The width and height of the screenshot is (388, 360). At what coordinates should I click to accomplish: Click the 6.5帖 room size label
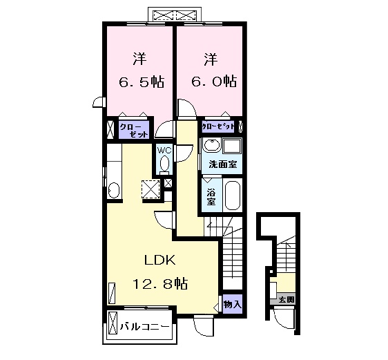pos(142,82)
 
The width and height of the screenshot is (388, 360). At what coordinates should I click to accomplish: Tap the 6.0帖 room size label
pos(213,81)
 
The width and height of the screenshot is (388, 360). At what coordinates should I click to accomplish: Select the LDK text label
pos(160,260)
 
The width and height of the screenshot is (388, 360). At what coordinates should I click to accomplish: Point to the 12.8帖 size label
pos(160,284)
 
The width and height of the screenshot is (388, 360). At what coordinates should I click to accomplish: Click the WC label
pos(164,151)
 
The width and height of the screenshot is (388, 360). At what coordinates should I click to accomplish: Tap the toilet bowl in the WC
pos(164,164)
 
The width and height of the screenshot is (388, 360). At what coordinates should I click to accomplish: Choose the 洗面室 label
pos(223,164)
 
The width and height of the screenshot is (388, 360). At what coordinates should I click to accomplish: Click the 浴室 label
pos(211,197)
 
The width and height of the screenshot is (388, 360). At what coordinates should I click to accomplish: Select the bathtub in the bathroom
pos(233,195)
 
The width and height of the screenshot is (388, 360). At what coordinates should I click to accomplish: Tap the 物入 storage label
pos(232,305)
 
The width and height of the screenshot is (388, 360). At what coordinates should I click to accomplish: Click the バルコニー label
pos(145,327)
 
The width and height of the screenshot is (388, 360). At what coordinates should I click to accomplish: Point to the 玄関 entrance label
pos(287,300)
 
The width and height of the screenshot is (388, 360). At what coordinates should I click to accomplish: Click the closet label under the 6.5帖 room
pos(134,131)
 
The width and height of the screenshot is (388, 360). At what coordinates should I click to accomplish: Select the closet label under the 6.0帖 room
pos(217,126)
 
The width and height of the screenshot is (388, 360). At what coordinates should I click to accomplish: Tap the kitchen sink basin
pos(114,190)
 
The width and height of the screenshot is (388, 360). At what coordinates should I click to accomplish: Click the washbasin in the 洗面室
pos(211,145)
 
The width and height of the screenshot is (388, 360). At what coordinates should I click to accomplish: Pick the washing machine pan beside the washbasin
pos(232,146)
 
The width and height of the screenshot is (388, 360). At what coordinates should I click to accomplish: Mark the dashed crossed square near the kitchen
pos(151,189)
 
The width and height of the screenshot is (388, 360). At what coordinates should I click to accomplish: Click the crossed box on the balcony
pos(113,323)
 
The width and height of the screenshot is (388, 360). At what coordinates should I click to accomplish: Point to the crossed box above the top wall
pos(174,15)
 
